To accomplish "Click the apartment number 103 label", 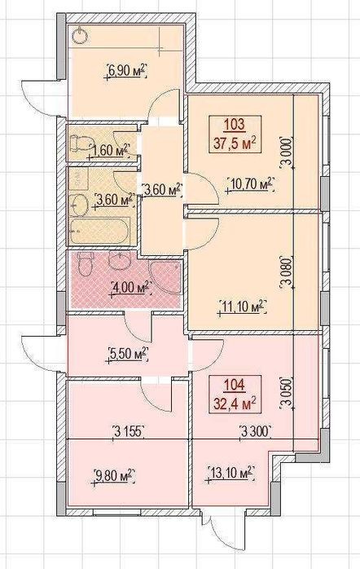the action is (235, 126).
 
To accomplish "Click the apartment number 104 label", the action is (235, 385).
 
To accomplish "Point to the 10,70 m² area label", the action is (249, 184).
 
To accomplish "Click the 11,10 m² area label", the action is (243, 307).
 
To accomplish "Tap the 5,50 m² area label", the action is (129, 354).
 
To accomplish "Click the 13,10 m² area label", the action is (229, 474).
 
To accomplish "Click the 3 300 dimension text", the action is (256, 431).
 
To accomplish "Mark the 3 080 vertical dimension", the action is (286, 273).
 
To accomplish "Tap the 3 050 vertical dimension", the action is (286, 394).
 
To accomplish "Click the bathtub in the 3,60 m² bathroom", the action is (99, 231).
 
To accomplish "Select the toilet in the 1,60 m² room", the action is (79, 143).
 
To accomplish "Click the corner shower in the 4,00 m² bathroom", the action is (165, 276).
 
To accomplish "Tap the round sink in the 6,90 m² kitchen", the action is (79, 37).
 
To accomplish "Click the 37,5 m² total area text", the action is (235, 144).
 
